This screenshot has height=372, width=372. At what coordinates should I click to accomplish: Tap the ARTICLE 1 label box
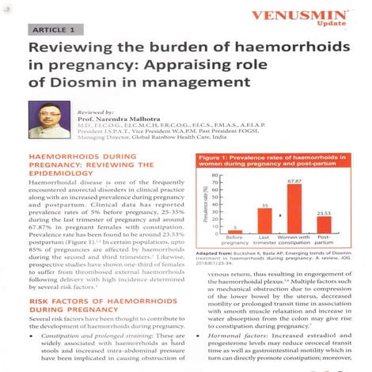click(55, 29)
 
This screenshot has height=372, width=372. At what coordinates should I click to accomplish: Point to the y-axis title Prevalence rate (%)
click(205, 204)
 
